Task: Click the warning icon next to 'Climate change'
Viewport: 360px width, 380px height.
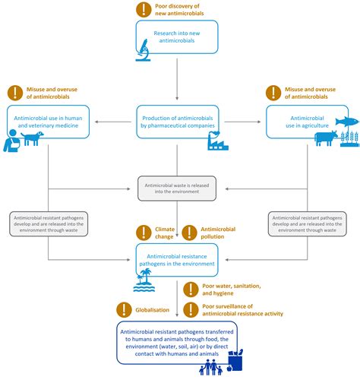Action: [x=142, y=233]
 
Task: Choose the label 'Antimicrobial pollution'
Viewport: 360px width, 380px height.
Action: [x=227, y=233]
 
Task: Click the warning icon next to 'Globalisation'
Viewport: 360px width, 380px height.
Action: [x=124, y=310]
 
